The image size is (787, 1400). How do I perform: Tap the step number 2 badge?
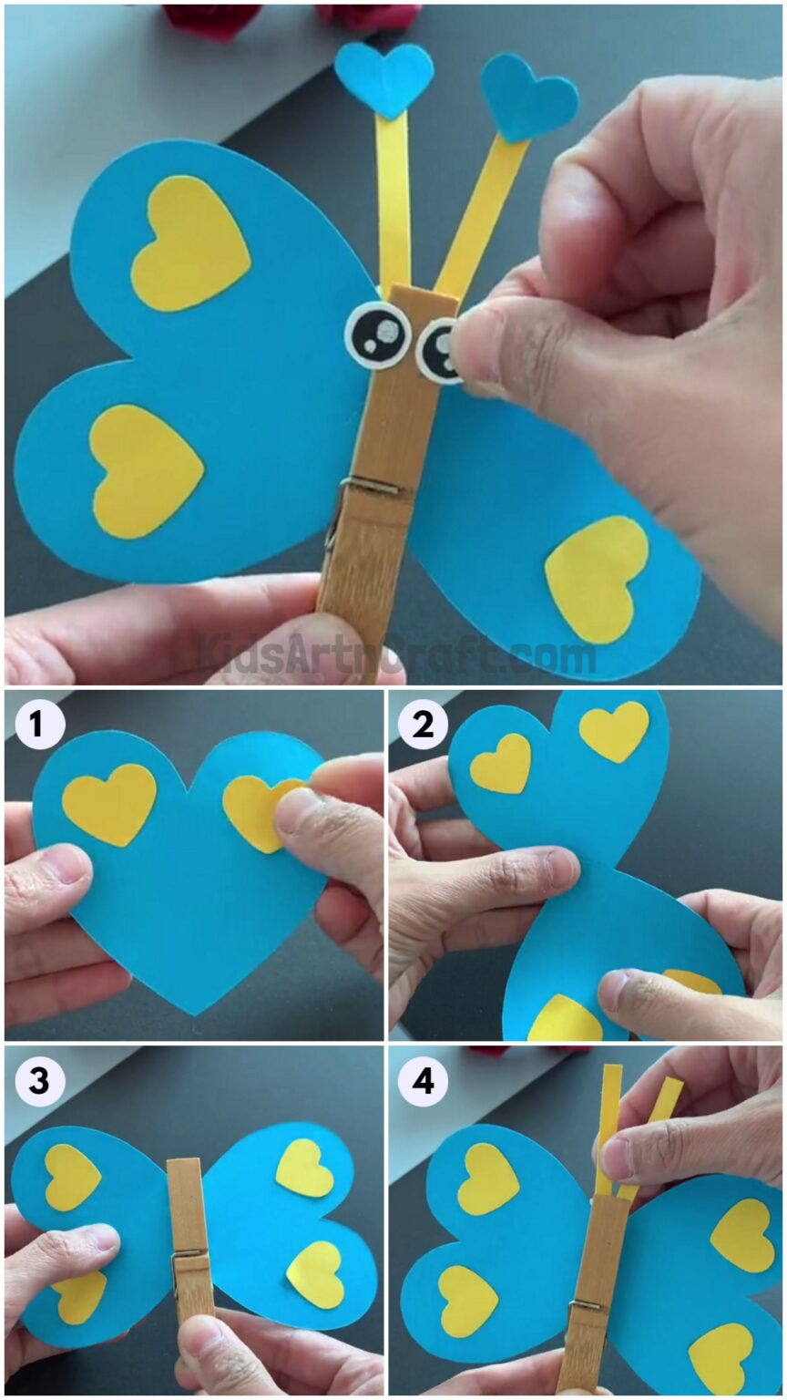click(x=423, y=726)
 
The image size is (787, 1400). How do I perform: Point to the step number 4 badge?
click(x=423, y=1082)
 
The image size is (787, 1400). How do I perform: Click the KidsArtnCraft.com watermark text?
click(x=397, y=655)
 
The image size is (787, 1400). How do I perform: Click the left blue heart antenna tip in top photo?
click(x=383, y=76)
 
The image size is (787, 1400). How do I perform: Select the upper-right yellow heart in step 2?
click(x=615, y=729)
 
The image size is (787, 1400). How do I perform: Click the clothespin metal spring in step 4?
click(x=585, y=1310)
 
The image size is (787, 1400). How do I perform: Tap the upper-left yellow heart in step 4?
click(x=487, y=1178)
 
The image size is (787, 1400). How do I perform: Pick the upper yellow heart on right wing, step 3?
click(x=305, y=1168)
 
